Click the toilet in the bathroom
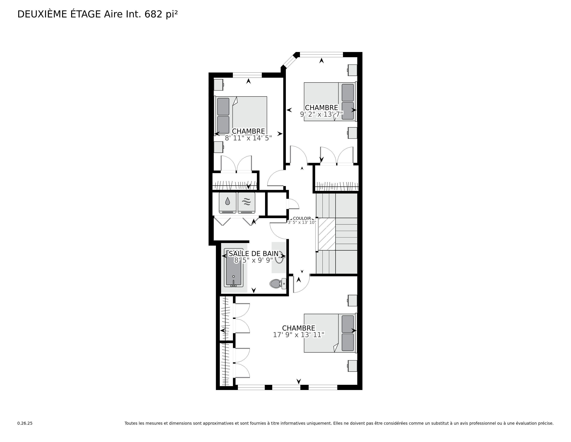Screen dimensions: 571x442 click(278, 284)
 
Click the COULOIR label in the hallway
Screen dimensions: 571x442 click(302, 218)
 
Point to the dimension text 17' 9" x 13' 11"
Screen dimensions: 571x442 click(299, 335)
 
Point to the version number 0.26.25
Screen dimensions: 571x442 click(25, 423)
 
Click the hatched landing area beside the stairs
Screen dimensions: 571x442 click(327, 234)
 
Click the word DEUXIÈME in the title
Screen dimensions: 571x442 click(42, 14)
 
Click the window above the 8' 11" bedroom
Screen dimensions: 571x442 click(247, 75)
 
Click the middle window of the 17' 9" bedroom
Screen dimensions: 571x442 click(286, 387)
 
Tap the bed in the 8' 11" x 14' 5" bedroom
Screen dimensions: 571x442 click(241, 116)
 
